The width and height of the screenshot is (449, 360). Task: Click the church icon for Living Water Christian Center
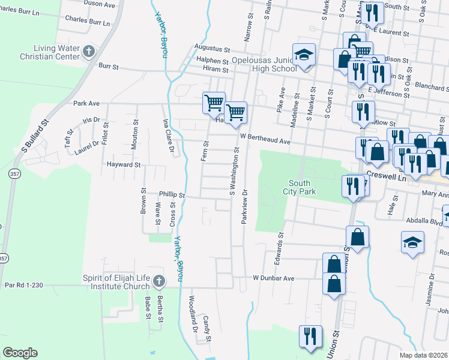(88, 50)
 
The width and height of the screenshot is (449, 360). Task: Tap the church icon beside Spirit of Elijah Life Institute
(158, 281)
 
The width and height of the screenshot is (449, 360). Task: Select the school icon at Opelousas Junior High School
(304, 55)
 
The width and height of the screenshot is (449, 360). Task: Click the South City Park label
(303, 187)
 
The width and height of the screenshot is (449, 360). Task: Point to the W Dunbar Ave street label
(273, 278)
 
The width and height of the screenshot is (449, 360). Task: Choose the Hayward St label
(123, 164)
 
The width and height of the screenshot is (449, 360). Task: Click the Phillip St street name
(172, 195)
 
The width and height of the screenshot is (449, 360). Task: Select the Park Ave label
(86, 103)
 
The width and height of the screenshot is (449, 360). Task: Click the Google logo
(20, 353)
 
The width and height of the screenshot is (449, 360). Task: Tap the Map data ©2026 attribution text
(424, 355)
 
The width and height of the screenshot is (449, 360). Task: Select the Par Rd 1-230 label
(24, 286)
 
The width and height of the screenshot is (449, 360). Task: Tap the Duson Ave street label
(100, 4)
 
